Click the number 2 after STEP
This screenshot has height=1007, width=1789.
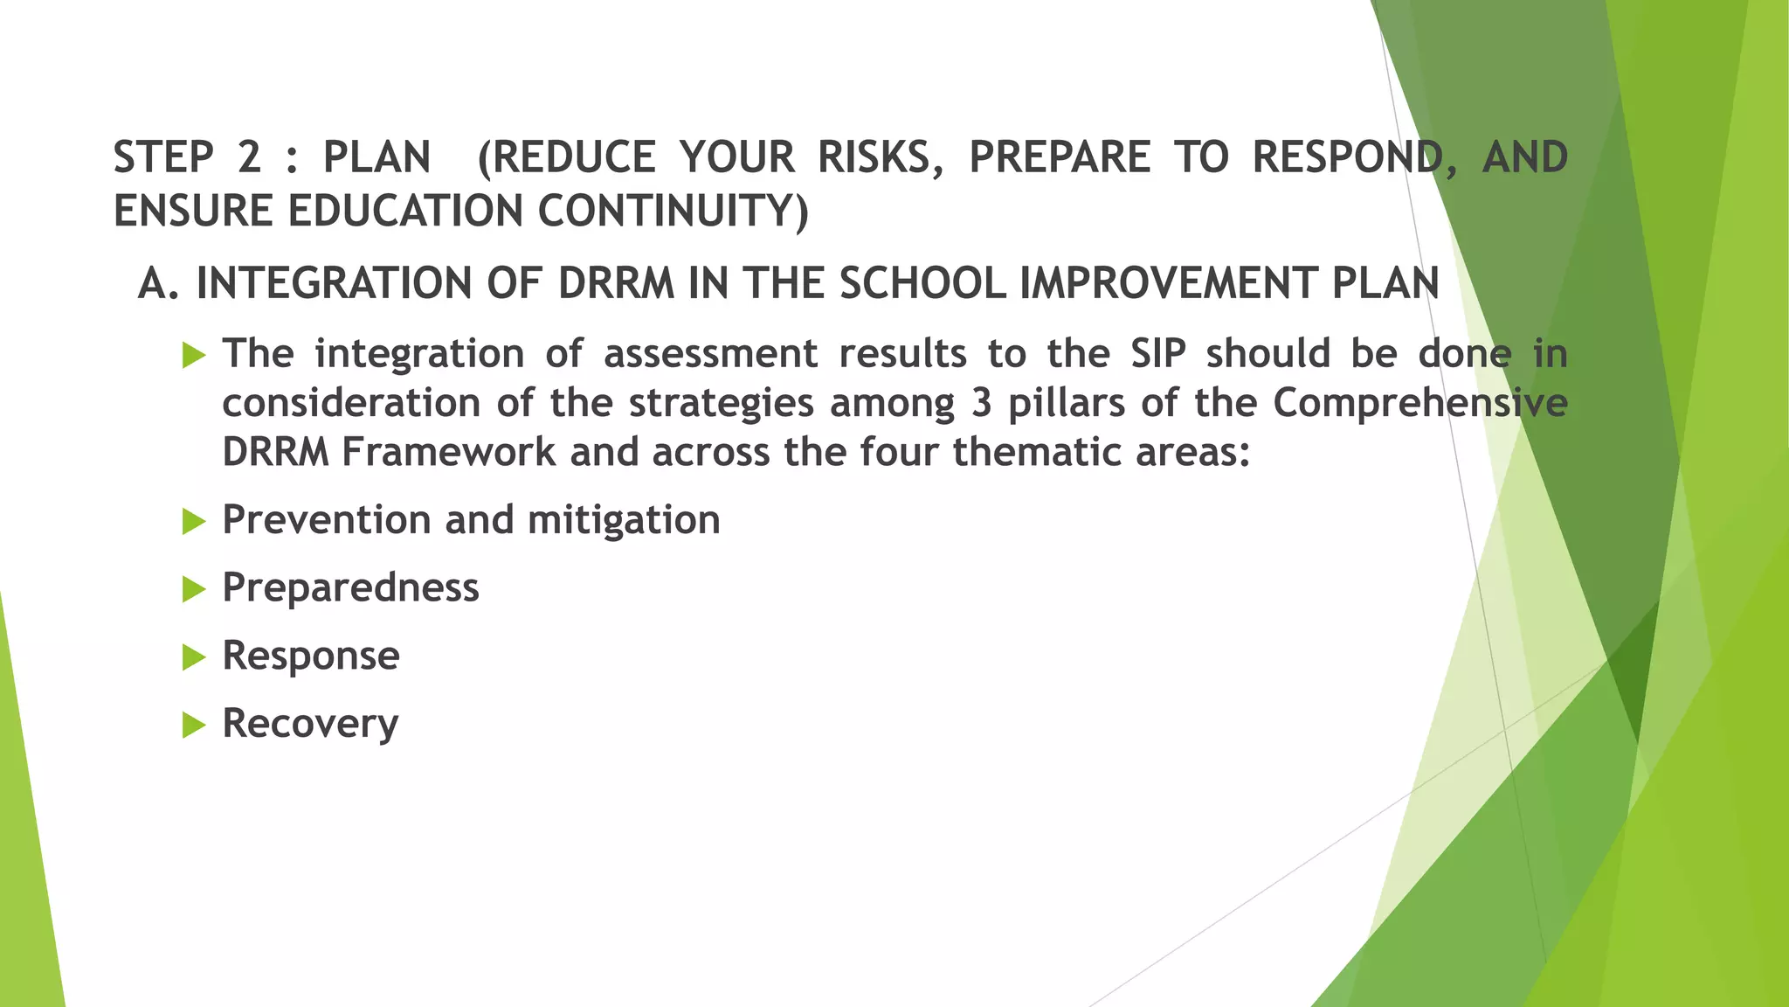(x=249, y=158)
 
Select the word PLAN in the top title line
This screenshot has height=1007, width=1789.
(x=376, y=158)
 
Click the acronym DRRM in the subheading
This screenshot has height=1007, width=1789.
(x=616, y=284)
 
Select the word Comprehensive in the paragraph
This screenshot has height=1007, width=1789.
(x=1419, y=404)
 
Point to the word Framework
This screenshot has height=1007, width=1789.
(x=448, y=453)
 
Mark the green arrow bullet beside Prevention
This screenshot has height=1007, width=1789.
(x=193, y=522)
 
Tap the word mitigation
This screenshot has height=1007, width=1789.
(x=624, y=520)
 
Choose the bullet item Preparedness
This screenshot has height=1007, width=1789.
(x=350, y=587)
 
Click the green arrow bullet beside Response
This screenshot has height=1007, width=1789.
(x=193, y=657)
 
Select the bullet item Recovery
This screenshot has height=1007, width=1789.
(x=310, y=724)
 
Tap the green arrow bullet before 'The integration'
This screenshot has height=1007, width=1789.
(x=193, y=356)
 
